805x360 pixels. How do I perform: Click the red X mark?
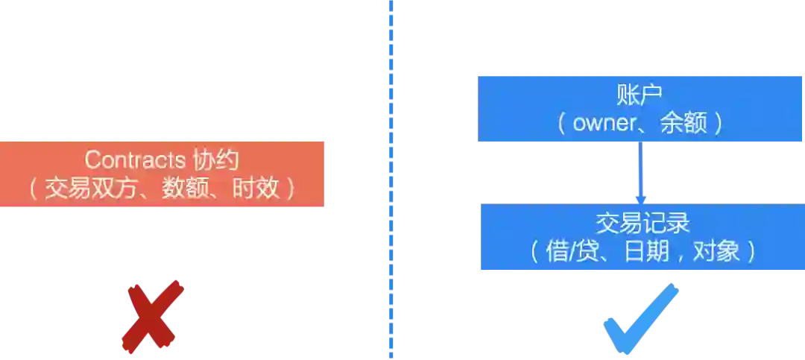(153, 316)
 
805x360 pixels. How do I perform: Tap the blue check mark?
(640, 319)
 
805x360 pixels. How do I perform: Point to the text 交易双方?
(94, 187)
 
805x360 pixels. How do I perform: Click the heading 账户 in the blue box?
(640, 95)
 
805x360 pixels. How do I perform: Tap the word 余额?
(683, 123)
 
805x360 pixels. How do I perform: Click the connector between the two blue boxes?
(640, 172)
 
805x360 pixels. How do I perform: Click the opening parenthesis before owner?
(561, 123)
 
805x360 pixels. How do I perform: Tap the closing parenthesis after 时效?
(291, 187)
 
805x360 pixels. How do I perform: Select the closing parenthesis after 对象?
(751, 251)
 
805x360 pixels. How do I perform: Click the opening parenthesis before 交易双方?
(34, 187)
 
